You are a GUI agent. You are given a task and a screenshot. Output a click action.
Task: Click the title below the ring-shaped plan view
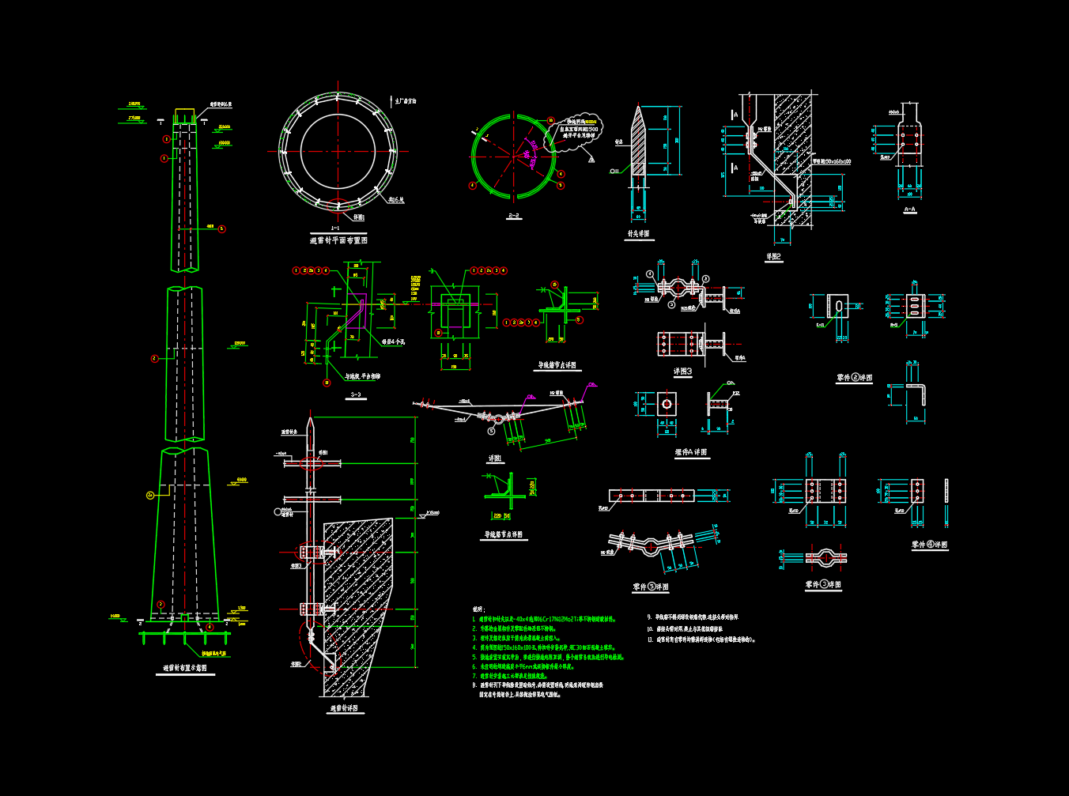[338, 240]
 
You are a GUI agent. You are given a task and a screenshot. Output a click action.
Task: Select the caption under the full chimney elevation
[185, 668]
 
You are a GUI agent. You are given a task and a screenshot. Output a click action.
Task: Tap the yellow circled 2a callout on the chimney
[150, 495]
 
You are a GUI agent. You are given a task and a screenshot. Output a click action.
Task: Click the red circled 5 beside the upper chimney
[221, 229]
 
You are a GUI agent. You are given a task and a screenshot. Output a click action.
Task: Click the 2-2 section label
[514, 215]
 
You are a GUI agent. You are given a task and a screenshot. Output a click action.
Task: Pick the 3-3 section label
[355, 394]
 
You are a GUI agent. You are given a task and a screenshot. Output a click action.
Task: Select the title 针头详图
[638, 234]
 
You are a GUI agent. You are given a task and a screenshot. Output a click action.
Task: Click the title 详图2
[773, 257]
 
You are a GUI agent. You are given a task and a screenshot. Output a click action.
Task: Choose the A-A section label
[909, 209]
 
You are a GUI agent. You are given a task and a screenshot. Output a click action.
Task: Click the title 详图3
[682, 371]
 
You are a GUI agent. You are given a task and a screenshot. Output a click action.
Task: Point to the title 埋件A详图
[690, 452]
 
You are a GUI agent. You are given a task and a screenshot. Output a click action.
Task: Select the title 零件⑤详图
[651, 587]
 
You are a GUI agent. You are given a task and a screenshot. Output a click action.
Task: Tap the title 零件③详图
[823, 584]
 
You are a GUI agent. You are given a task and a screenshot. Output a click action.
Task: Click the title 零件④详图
[929, 545]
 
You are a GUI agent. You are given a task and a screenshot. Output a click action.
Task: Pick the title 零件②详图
[854, 378]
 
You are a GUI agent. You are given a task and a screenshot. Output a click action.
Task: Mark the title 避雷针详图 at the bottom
[344, 708]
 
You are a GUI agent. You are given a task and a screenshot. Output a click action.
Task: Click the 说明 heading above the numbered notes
[478, 609]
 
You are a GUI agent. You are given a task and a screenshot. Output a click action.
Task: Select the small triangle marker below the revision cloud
[591, 159]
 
